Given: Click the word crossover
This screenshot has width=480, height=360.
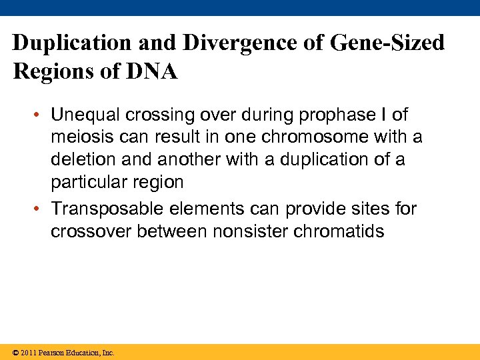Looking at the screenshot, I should tap(91, 231).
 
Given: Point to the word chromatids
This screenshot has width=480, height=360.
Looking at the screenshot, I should tap(336, 231).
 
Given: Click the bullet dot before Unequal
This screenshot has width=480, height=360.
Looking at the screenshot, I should tap(39, 116).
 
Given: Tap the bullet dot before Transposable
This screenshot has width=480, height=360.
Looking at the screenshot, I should tap(39, 209).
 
